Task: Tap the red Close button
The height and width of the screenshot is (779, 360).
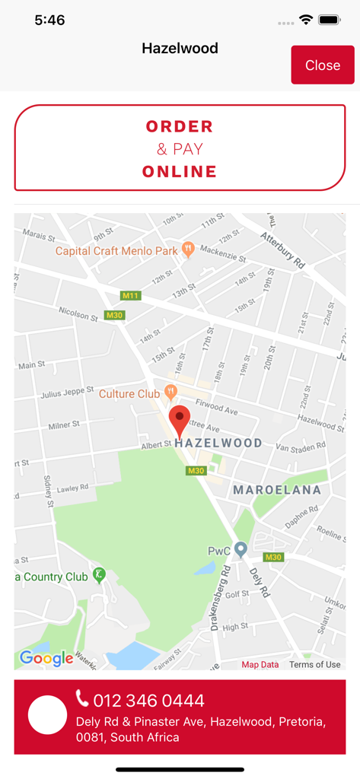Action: [322, 65]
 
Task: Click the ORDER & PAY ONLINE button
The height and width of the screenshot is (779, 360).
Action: [180, 148]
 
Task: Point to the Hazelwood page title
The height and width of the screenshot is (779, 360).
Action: [180, 48]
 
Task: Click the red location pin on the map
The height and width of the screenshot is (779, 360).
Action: [180, 421]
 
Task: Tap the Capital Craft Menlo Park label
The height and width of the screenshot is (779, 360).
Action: [116, 250]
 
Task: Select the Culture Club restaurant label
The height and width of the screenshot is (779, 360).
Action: [129, 394]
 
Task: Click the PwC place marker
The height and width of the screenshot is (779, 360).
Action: [241, 549]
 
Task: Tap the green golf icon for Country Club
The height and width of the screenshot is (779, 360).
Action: [98, 575]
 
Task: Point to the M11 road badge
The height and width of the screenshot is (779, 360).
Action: [131, 295]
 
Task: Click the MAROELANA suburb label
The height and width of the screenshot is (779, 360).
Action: [277, 490]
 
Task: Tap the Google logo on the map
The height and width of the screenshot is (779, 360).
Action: [46, 658]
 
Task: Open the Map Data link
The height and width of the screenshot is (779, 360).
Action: [260, 664]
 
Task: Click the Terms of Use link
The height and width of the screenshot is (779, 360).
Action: [314, 664]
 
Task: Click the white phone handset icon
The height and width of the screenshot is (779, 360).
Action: [82, 698]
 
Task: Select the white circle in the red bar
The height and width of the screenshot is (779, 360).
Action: [47, 716]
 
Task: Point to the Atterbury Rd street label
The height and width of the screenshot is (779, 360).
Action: [283, 252]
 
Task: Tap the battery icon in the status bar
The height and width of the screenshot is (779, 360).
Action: [330, 21]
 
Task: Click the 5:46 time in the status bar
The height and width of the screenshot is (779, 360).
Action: [49, 21]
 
